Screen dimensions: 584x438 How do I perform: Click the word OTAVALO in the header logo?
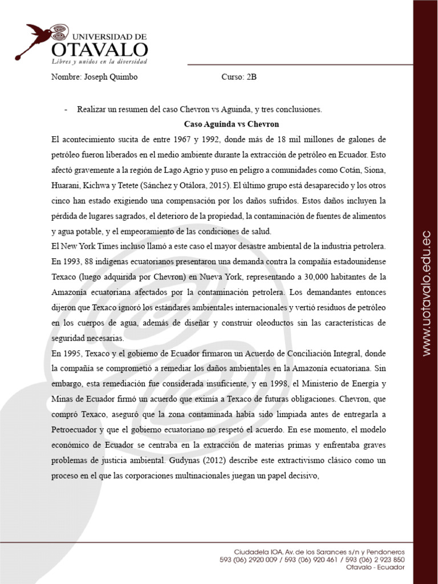[x=100, y=48]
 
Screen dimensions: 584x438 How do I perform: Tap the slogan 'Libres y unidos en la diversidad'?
[x=100, y=61]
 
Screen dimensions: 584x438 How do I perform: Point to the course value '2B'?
[x=251, y=78]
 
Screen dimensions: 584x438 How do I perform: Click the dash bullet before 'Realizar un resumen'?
[x=67, y=108]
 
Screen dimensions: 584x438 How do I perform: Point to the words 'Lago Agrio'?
[x=209, y=170]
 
